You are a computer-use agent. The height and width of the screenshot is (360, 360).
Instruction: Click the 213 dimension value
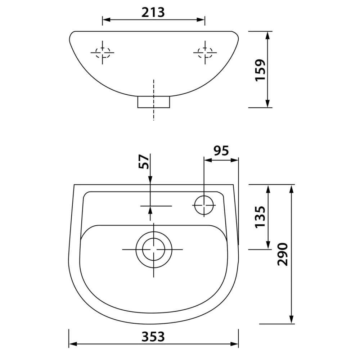[153, 12]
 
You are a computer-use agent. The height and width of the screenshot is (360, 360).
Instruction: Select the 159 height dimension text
[260, 70]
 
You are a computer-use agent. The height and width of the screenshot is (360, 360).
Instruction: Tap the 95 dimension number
[221, 150]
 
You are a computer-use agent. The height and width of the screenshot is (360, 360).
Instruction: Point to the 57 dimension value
[144, 162]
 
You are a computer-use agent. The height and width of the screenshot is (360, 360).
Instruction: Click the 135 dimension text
[260, 217]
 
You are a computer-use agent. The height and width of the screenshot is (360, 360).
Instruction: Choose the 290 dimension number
[282, 255]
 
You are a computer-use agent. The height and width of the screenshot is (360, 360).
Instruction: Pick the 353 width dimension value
[153, 337]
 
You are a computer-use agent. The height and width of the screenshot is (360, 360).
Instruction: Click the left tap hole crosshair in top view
[102, 52]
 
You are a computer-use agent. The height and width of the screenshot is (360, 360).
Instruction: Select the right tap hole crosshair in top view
[205, 52]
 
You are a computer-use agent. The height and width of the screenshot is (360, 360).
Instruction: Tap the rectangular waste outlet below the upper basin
[154, 102]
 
